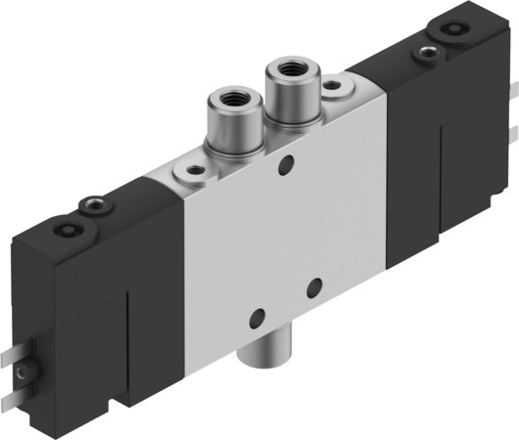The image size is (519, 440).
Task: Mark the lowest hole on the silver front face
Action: (258, 320)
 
